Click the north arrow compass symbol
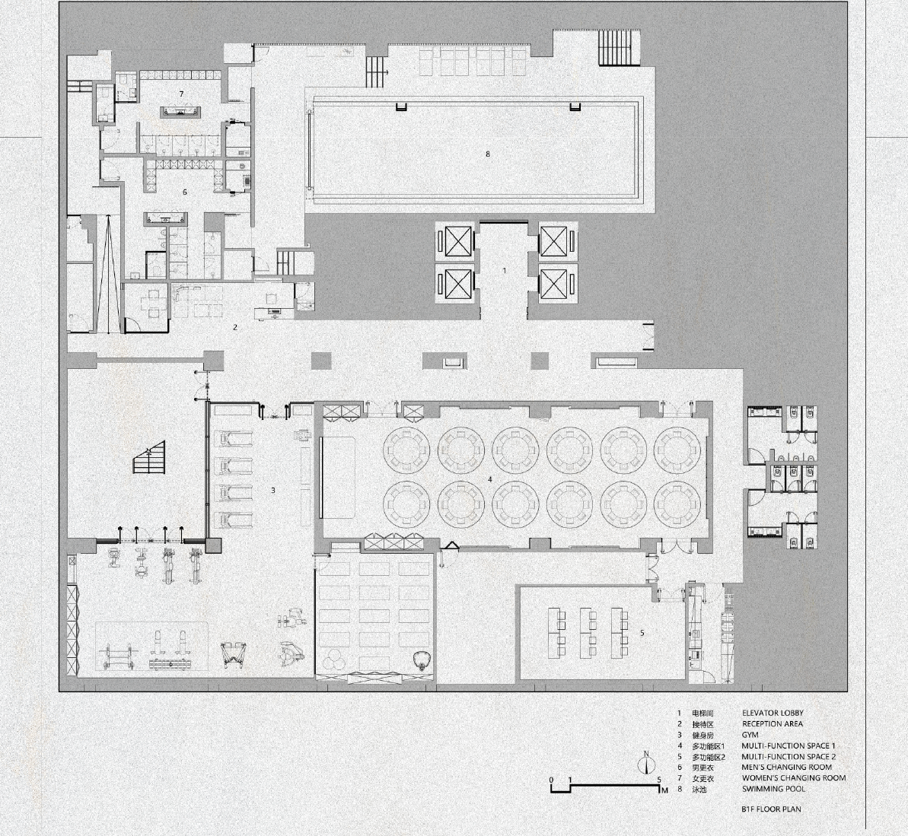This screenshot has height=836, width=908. (x=646, y=764)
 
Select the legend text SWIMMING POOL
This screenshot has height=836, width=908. (x=773, y=789)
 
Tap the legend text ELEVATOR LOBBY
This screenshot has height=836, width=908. (x=773, y=714)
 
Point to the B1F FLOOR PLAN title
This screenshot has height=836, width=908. (x=771, y=809)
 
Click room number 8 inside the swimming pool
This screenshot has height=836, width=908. (x=488, y=154)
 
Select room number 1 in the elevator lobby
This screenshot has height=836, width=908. (x=504, y=271)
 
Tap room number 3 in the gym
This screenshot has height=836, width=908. (x=273, y=491)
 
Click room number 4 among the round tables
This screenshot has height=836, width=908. (x=490, y=479)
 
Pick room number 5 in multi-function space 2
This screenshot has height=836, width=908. (x=642, y=632)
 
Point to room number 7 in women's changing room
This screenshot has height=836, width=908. (x=181, y=93)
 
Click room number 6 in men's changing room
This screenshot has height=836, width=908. (x=185, y=192)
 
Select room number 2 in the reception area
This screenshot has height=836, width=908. (x=235, y=327)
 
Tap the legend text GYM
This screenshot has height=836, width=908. (x=750, y=735)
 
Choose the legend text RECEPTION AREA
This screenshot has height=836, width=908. (x=772, y=724)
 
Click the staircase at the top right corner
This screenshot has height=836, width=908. (x=616, y=47)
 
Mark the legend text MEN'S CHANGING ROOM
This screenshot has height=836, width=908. (x=787, y=768)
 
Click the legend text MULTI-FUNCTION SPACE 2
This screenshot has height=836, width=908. (x=789, y=757)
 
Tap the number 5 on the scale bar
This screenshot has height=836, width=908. (x=659, y=779)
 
